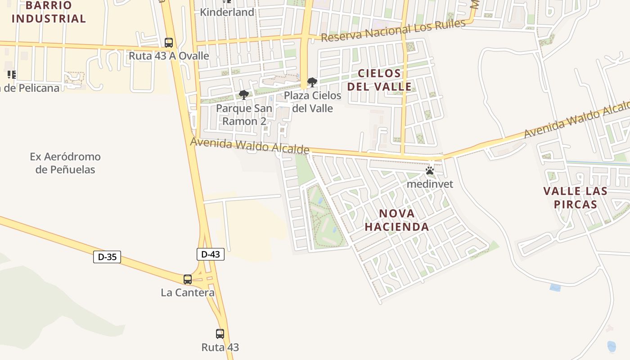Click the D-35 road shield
coord(107,257)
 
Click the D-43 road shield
coord(210,254)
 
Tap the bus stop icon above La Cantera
coord(188,279)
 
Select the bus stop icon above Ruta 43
coord(220,334)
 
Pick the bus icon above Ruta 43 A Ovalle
coord(169,43)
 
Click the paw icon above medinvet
coord(430,171)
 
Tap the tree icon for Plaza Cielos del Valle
coord(312,82)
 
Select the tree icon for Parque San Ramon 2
coord(244,95)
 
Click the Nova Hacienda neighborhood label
coord(396,220)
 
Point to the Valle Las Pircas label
coord(575,198)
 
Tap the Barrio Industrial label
coord(49,12)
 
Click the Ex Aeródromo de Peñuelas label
coord(65,163)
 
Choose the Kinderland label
coord(227,12)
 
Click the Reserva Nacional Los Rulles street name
coord(393,31)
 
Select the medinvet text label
coord(430,184)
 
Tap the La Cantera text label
coord(188,292)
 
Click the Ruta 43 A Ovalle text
coord(169,56)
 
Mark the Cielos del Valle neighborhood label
coord(379,80)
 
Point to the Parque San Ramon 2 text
coord(244,115)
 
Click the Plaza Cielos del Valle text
coord(312,102)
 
